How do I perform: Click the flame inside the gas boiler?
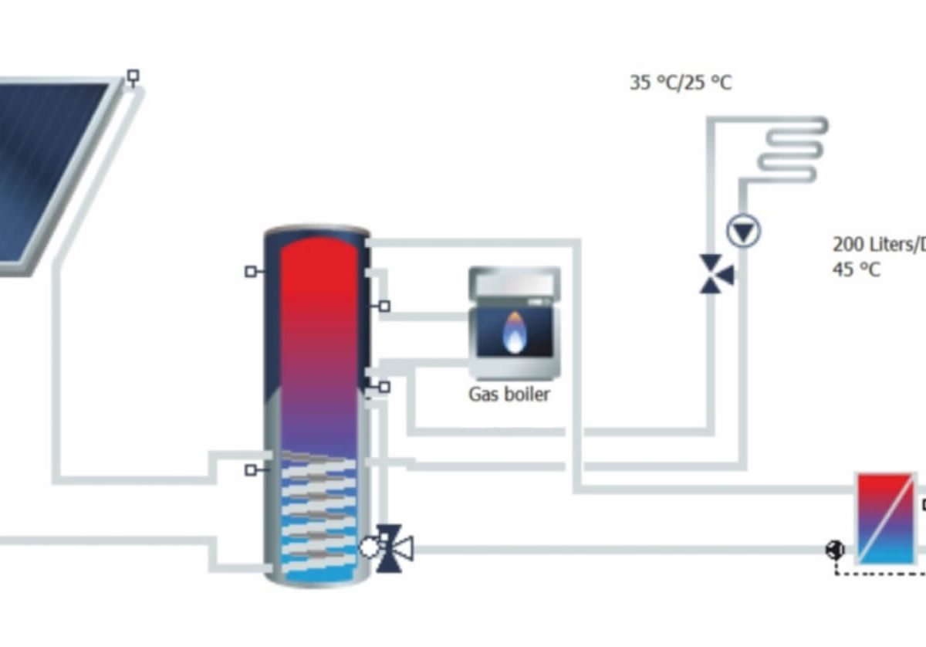pos(512,331)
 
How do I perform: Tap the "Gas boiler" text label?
pos(509,395)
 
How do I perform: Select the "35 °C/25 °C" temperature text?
pos(680,83)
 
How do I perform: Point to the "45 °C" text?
pos(856,270)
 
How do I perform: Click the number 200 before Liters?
pos(850,246)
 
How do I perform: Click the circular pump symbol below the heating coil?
pos(743,231)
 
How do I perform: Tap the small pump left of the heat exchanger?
pos(835,550)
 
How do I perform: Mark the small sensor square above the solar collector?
pos(133,76)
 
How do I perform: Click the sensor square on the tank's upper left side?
pos(250,271)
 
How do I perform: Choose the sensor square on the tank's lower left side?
pos(250,469)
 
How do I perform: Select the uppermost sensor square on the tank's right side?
pos(384,307)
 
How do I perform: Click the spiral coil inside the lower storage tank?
pos(319,510)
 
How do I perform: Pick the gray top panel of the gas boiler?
pos(515,283)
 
